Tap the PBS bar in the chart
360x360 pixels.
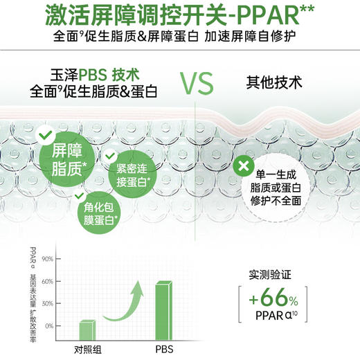[x=163, y=308]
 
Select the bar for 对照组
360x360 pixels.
[x=87, y=330]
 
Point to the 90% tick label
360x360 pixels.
[x=48, y=259]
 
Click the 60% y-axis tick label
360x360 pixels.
[x=48, y=281]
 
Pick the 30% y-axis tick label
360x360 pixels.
[x=48, y=303]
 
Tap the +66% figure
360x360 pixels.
[x=274, y=300]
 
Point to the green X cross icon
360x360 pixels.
[x=242, y=165]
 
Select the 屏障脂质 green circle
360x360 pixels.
[x=64, y=161]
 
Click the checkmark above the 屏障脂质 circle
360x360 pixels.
[x=44, y=132]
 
